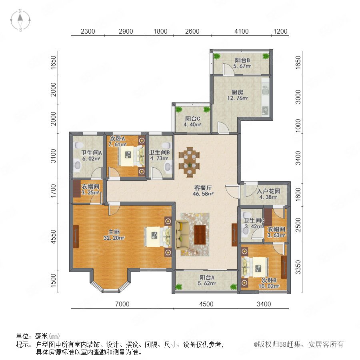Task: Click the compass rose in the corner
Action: [20, 20]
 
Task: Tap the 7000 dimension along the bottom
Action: [122, 304]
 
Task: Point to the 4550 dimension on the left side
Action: [53, 237]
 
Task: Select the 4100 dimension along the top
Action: [241, 31]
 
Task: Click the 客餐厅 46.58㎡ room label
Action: [203, 190]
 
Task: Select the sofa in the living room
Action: [182, 235]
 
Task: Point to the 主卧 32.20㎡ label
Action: [114, 235]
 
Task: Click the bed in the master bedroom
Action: [158, 237]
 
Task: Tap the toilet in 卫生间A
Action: [78, 145]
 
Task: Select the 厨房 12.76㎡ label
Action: [237, 95]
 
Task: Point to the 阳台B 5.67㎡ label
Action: [242, 63]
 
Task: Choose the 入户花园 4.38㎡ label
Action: [268, 194]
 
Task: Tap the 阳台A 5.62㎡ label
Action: [207, 280]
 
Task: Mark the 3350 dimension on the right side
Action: [298, 267]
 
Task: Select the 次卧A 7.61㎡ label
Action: [117, 142]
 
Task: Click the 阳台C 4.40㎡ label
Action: [192, 122]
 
